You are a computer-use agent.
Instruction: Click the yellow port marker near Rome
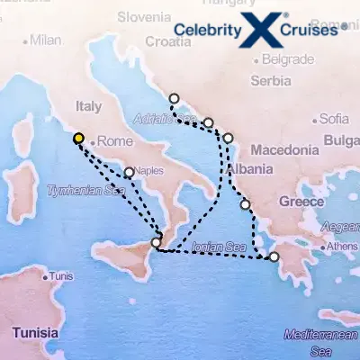(79, 139)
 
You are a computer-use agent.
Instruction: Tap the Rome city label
(113, 141)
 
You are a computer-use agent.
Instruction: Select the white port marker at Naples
(130, 172)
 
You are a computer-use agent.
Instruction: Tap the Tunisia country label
(37, 335)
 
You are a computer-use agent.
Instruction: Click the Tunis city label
(60, 276)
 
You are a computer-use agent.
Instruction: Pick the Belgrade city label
(288, 60)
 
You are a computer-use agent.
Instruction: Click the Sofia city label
(333, 119)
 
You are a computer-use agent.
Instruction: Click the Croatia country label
(167, 41)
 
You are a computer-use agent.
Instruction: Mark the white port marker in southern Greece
(274, 257)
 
